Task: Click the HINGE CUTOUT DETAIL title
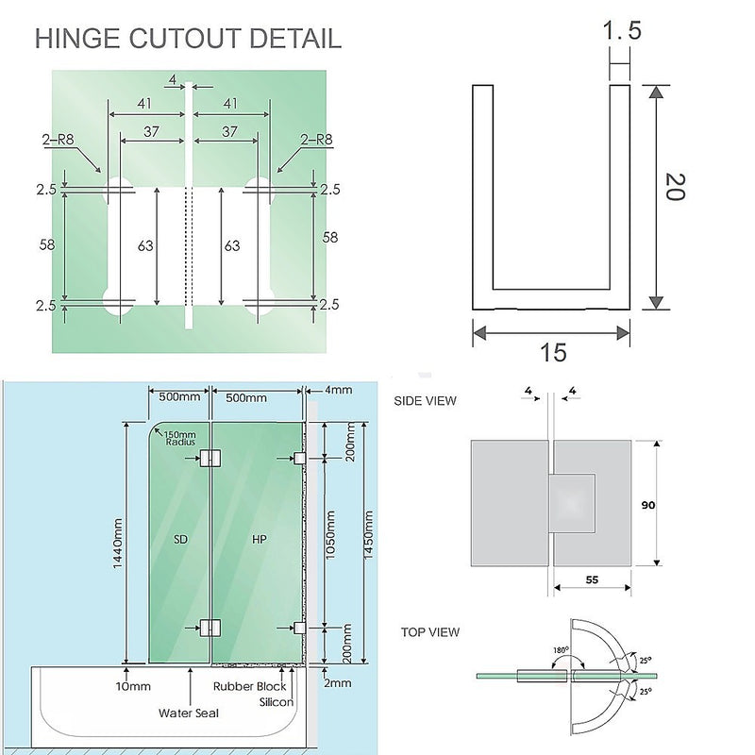tap(188, 40)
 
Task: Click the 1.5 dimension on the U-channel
tap(621, 32)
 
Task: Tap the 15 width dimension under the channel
tap(553, 353)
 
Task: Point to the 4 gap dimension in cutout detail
tap(172, 79)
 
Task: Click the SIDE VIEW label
tap(425, 401)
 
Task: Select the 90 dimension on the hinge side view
tap(647, 505)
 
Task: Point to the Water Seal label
tap(189, 713)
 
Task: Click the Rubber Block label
tap(249, 687)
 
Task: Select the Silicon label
tap(276, 702)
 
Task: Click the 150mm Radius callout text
tap(179, 438)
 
